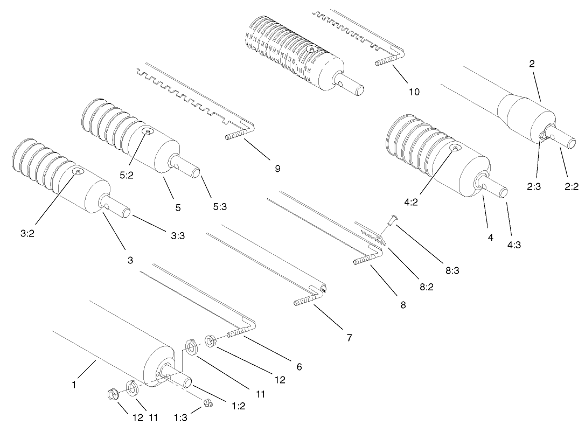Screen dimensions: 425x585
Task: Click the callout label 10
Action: pyautogui.click(x=414, y=92)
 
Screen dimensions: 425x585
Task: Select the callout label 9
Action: pyautogui.click(x=277, y=169)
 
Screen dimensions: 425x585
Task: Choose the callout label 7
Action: pyautogui.click(x=349, y=338)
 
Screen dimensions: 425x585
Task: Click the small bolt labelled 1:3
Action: pyautogui.click(x=208, y=403)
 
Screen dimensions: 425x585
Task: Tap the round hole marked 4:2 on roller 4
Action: pyautogui.click(x=457, y=149)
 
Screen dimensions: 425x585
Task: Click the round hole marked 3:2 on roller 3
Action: pyautogui.click(x=79, y=171)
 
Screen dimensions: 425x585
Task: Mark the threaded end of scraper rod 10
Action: pyautogui.click(x=383, y=62)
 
